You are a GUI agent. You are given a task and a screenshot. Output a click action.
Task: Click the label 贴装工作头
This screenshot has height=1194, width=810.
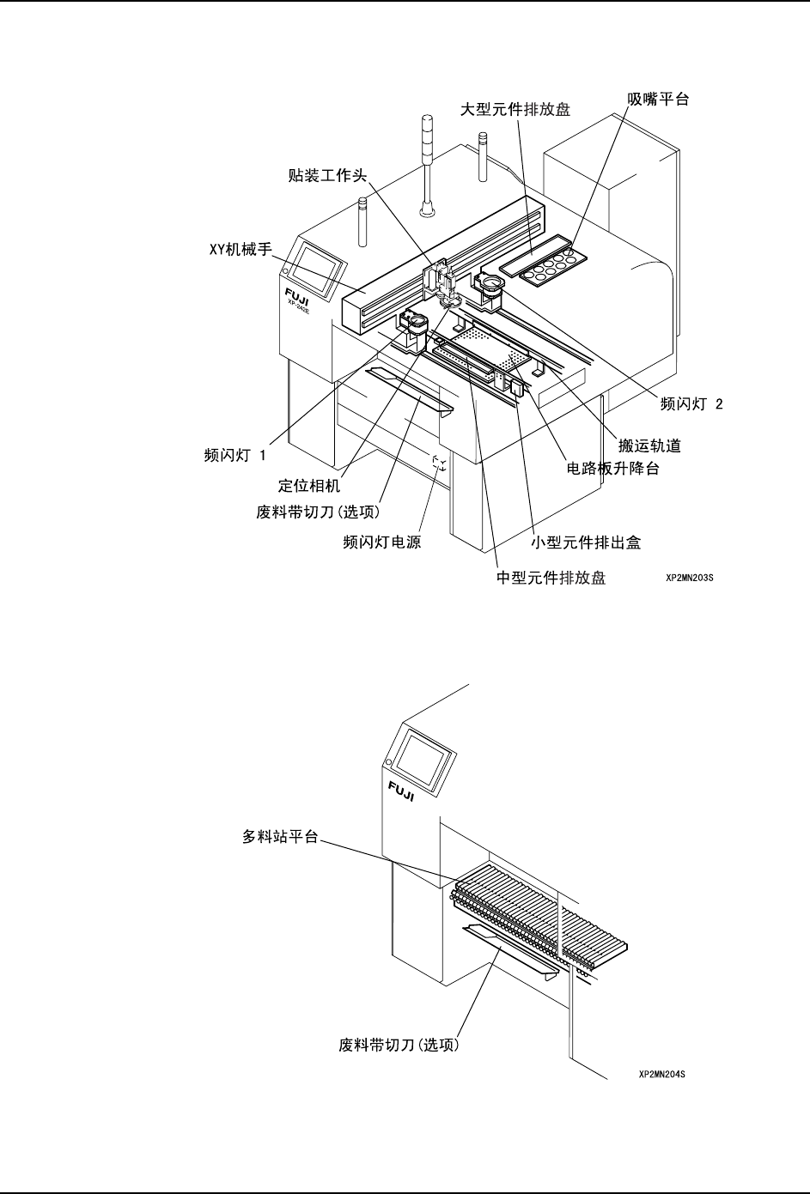[x=327, y=176]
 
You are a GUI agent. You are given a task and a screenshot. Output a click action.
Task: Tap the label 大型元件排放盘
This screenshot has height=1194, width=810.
[x=516, y=109]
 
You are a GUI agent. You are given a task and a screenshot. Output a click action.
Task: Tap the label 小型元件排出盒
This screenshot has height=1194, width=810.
[x=586, y=542]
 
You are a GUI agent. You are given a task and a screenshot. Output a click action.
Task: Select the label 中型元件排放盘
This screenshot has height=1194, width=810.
[x=551, y=578]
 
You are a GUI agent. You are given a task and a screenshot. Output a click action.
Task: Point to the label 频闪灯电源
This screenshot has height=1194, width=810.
[x=381, y=542]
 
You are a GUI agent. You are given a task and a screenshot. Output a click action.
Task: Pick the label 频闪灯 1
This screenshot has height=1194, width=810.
[x=228, y=454]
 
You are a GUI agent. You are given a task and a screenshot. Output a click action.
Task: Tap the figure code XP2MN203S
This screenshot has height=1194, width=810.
[x=690, y=579]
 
